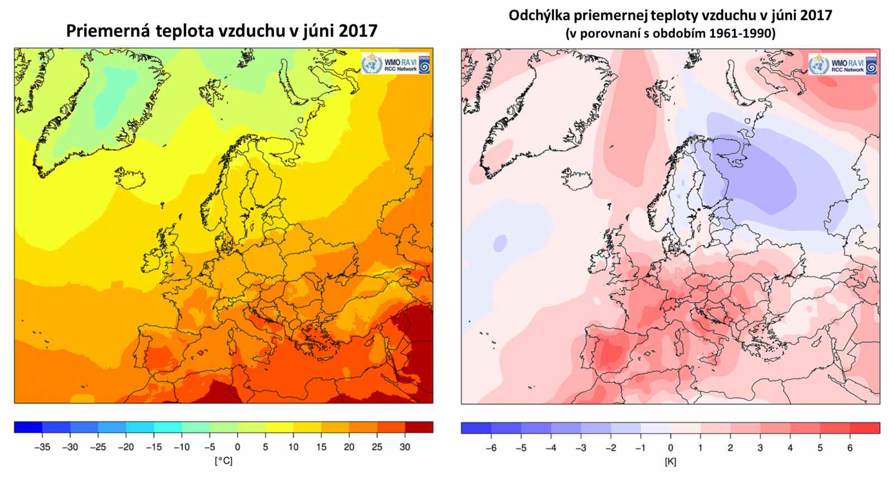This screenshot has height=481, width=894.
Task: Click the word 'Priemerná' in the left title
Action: point(108,31)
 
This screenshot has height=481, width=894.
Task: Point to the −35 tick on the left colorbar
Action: point(42,447)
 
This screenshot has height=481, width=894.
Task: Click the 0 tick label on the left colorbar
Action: point(237,447)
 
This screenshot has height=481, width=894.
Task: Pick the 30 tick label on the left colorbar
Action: point(405,447)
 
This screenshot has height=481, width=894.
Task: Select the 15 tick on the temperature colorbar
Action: point(321,447)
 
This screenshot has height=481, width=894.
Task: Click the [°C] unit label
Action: point(223,461)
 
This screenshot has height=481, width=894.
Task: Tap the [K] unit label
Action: point(670,461)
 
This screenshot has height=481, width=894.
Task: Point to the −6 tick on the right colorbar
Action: point(491,448)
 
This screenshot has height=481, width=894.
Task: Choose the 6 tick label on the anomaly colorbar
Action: point(850,448)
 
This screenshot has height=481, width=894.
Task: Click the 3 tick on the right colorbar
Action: point(760,448)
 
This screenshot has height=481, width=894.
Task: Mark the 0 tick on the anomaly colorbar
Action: point(670,448)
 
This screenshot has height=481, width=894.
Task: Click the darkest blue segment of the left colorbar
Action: point(28,427)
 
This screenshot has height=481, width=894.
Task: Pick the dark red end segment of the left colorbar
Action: point(419,427)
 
